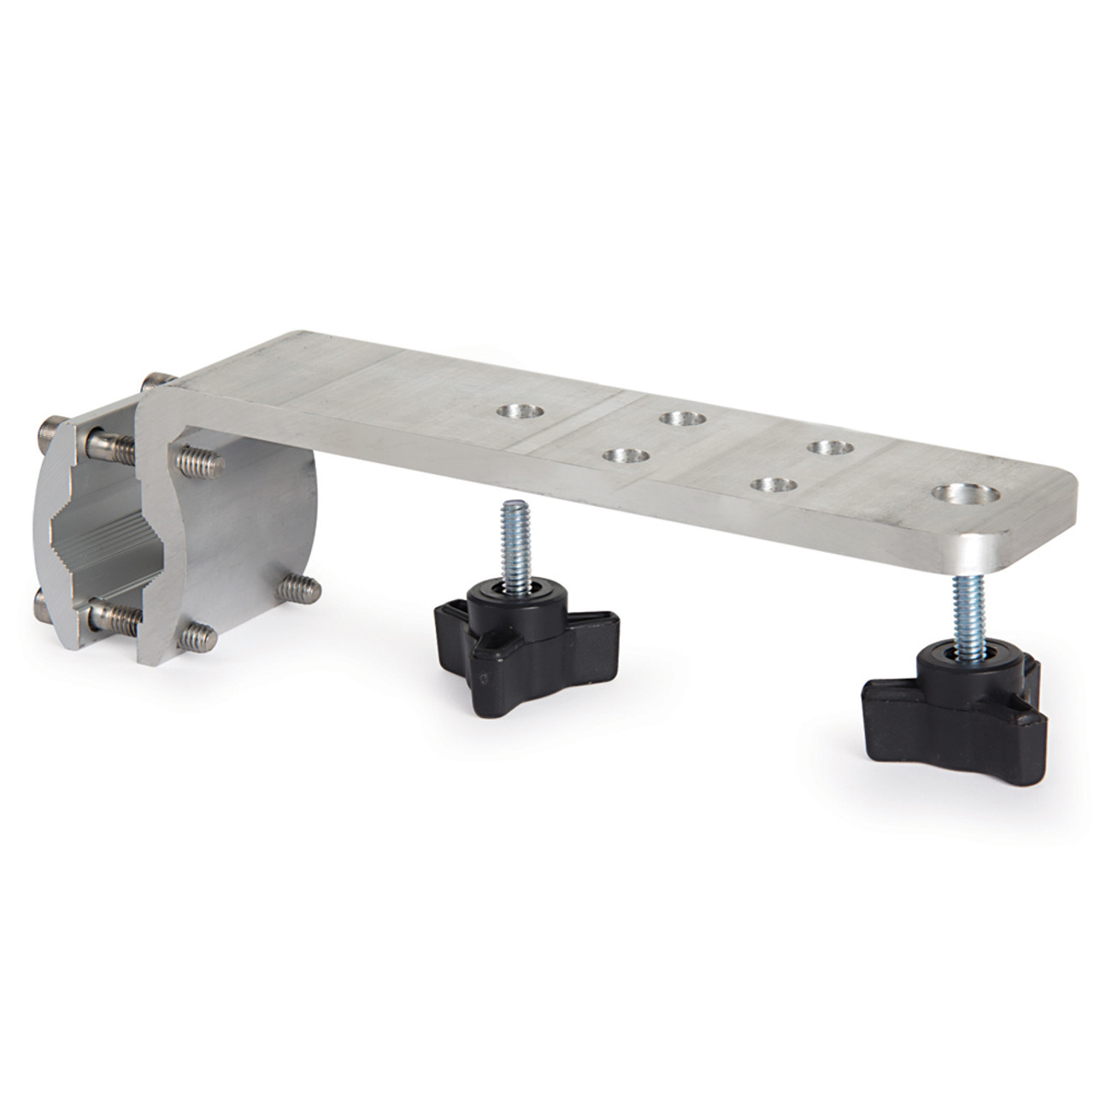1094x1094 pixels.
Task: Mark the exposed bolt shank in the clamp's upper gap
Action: (115, 444)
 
